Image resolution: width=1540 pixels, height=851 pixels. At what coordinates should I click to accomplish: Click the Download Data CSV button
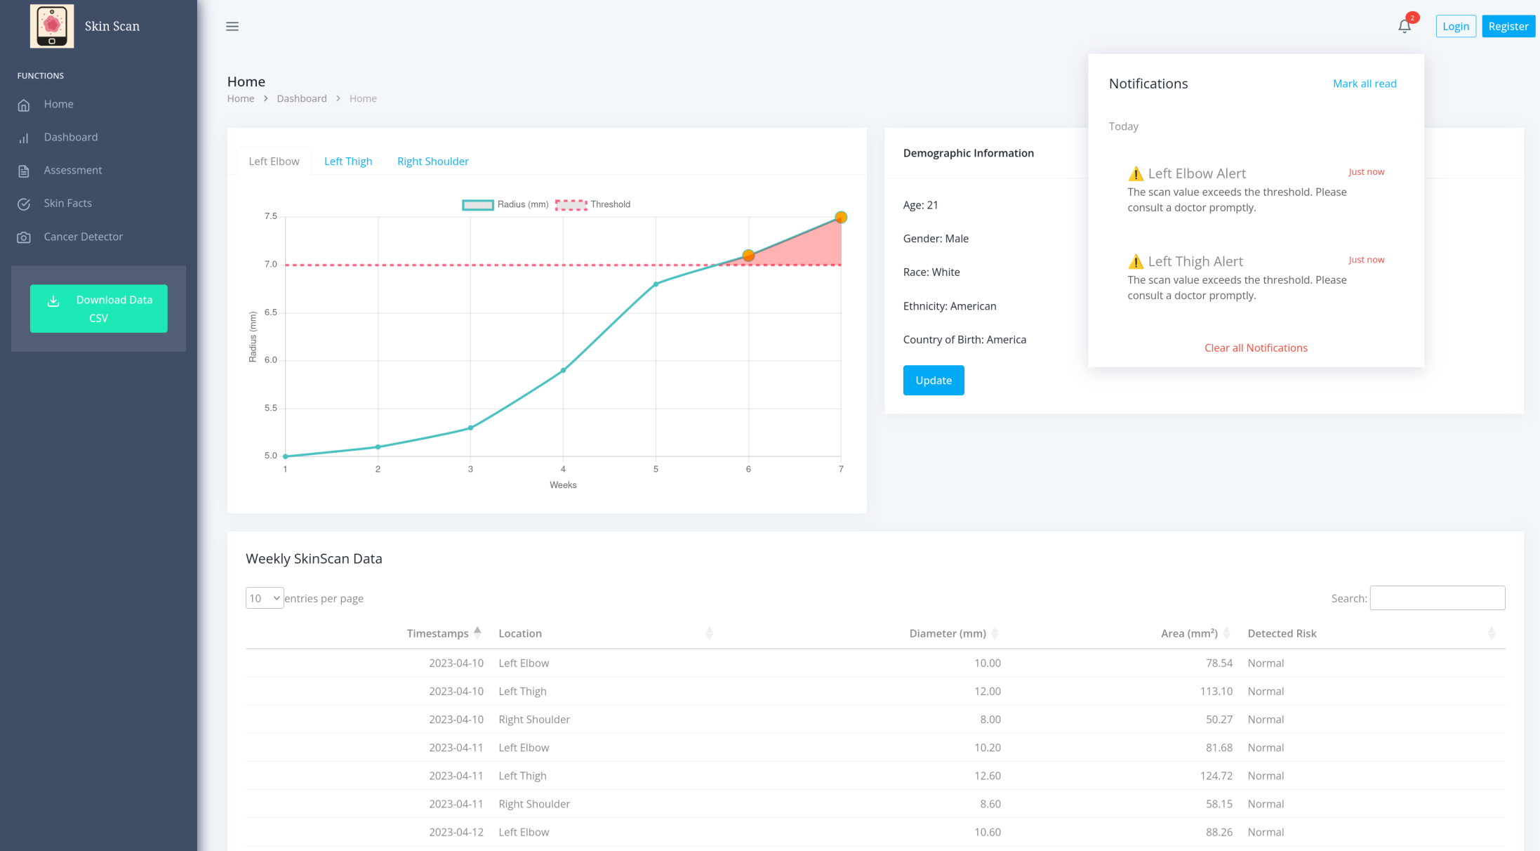[98, 308]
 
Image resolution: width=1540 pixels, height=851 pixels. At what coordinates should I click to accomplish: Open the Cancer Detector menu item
[83, 237]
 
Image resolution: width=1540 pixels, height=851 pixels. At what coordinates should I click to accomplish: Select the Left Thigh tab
[348, 161]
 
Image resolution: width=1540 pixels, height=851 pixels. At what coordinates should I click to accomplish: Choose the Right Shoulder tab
[432, 161]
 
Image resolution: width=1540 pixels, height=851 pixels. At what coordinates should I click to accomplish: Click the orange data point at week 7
[841, 218]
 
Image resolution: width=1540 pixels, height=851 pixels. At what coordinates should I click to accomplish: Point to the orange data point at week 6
[748, 256]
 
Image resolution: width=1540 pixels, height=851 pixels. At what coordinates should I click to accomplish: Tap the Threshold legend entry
[593, 204]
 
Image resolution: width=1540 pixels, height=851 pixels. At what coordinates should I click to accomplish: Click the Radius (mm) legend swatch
[478, 205]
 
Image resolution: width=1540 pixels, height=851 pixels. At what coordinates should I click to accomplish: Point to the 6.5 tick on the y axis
[271, 312]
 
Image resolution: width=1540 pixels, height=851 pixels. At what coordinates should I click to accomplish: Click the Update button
[934, 381]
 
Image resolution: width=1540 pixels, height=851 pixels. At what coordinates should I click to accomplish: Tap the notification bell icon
[1405, 27]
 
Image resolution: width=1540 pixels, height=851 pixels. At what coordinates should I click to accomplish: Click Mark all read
[1365, 84]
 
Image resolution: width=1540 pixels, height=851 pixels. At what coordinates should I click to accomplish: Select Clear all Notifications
[1256, 348]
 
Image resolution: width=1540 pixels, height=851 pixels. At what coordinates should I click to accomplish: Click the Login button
[1456, 27]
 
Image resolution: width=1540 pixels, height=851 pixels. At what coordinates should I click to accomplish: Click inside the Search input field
[1437, 598]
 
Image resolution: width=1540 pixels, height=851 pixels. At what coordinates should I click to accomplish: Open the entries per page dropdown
[265, 598]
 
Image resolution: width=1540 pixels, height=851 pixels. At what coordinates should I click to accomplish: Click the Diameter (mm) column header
[948, 633]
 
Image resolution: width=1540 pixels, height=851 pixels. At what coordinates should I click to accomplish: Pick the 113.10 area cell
[1216, 692]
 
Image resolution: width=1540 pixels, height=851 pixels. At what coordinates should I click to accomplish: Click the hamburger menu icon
[232, 27]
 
